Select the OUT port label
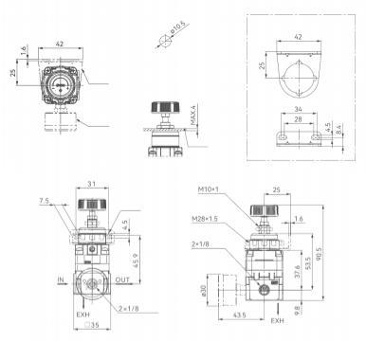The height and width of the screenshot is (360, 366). (121, 281)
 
